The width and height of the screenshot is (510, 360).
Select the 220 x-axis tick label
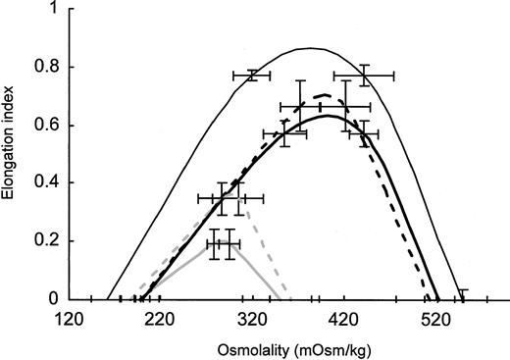click(x=160, y=319)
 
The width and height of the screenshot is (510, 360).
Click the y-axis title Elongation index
click(x=11, y=157)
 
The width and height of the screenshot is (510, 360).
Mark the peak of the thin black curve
click(x=311, y=48)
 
